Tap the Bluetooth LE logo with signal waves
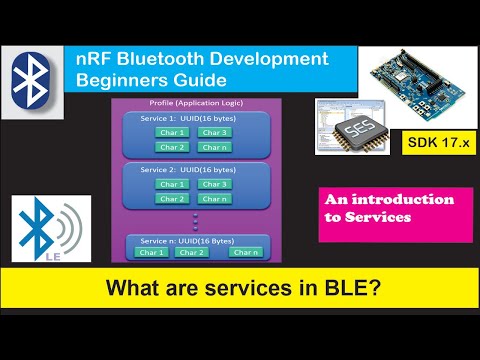pos(50,233)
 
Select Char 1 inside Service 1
pos(172,132)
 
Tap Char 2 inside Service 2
pos(172,198)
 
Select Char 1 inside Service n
pos(152,252)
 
